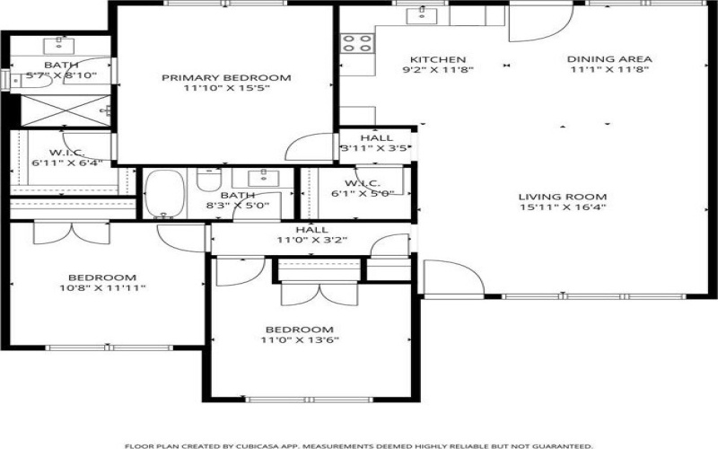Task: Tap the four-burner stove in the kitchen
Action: (x=357, y=42)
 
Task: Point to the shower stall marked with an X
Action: (x=63, y=110)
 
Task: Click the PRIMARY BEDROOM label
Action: (x=226, y=78)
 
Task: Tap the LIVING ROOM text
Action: (x=562, y=197)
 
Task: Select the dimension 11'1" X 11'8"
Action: (x=609, y=69)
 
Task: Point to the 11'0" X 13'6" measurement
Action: (x=299, y=340)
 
